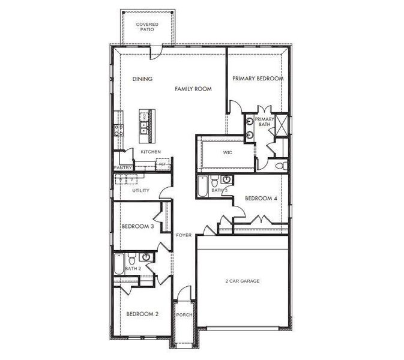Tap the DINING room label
[x=142, y=79]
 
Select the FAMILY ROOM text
[x=193, y=89]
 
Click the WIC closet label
[x=227, y=153]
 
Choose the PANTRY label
[x=123, y=168]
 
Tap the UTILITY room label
[x=141, y=191]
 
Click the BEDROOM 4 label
[x=261, y=199]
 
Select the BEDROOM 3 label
[x=137, y=226]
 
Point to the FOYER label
[x=184, y=235]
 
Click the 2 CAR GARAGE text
[x=243, y=281]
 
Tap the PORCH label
[x=183, y=314]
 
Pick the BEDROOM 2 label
[x=142, y=314]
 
